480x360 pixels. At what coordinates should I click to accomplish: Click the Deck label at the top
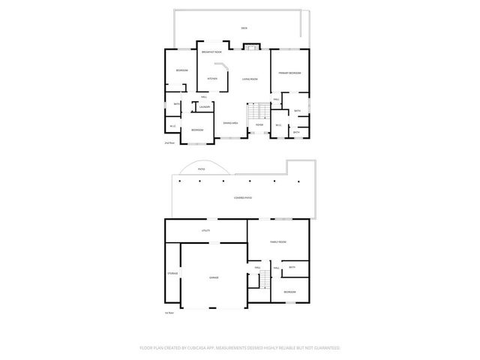tap(244, 28)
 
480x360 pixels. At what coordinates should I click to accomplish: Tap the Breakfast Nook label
tap(211, 52)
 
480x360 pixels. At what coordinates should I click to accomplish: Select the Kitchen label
tap(212, 78)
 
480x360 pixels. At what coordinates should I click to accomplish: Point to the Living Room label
tap(250, 79)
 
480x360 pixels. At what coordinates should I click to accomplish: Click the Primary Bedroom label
tap(289, 73)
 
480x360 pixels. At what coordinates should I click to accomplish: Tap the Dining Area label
tap(230, 123)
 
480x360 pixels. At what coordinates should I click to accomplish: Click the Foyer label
tap(259, 125)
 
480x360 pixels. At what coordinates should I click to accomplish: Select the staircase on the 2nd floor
tap(259, 112)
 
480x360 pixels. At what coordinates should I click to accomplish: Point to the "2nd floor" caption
tap(169, 142)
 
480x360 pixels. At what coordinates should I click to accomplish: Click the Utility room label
tap(205, 230)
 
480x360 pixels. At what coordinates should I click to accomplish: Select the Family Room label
tap(278, 242)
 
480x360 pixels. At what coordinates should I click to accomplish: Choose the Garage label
tap(214, 278)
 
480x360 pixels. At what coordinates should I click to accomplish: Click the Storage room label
tap(172, 273)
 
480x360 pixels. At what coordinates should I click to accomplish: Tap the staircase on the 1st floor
tap(262, 280)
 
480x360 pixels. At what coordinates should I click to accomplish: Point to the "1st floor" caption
tap(169, 313)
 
